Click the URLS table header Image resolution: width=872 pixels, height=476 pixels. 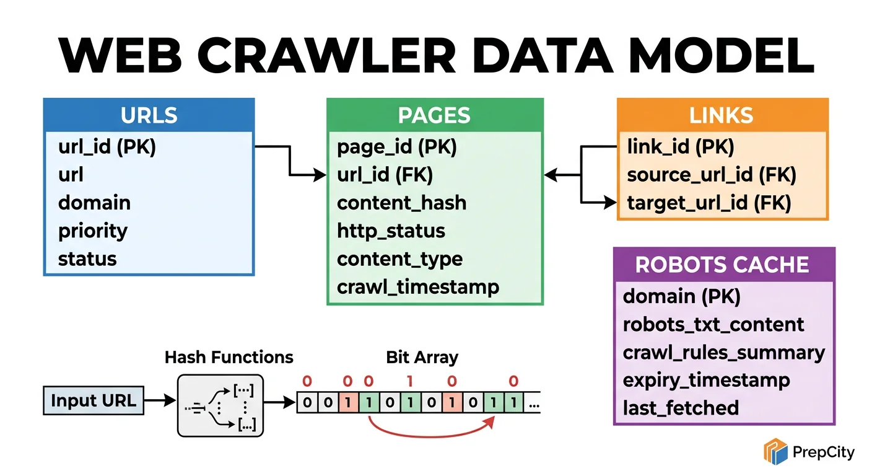click(149, 115)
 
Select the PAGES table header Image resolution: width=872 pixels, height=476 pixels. click(434, 115)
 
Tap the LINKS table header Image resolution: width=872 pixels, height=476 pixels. click(722, 115)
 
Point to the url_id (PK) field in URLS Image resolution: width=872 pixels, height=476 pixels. click(107, 147)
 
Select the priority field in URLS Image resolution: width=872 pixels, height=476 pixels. click(93, 231)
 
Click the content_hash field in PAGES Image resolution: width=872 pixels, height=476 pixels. click(401, 203)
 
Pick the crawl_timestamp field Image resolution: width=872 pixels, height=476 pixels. click(418, 287)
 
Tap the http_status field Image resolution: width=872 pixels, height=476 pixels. click(391, 231)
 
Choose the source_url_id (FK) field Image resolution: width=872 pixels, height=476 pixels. click(711, 175)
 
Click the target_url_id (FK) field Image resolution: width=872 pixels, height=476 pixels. click(709, 203)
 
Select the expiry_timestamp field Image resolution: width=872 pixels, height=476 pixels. click(706, 380)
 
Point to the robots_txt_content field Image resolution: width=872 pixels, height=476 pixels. click(713, 324)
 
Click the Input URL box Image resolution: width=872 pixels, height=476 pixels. click(94, 401)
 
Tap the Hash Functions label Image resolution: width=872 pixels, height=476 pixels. click(229, 358)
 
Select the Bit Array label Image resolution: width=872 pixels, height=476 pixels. click(422, 358)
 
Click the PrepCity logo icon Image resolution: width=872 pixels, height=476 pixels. click(775, 451)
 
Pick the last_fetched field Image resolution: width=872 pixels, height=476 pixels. click(681, 408)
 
